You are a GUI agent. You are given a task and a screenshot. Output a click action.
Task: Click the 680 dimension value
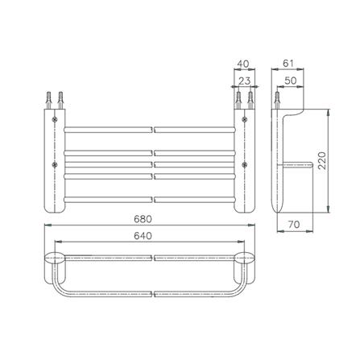pos(143,219)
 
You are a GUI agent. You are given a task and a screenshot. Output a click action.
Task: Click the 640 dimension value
pos(143,236)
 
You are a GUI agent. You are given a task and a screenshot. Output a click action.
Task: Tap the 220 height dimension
pos(321,160)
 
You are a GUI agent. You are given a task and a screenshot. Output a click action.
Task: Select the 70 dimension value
pos(294,224)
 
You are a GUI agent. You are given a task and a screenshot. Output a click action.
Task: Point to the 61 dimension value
pos(288,64)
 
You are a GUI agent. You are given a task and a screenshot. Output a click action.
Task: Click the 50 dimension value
pos(290,81)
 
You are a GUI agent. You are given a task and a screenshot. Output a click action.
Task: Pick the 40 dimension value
pos(243,64)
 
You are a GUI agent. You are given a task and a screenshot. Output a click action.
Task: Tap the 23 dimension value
pos(244,81)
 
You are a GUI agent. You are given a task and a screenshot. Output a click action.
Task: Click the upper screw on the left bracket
pos(55,119)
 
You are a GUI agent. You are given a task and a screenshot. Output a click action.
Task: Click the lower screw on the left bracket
pos(55,164)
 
